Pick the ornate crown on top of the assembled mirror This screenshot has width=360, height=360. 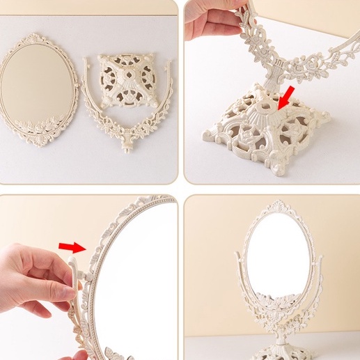tap(270, 207)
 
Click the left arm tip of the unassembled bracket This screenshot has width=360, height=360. tap(87, 61)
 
